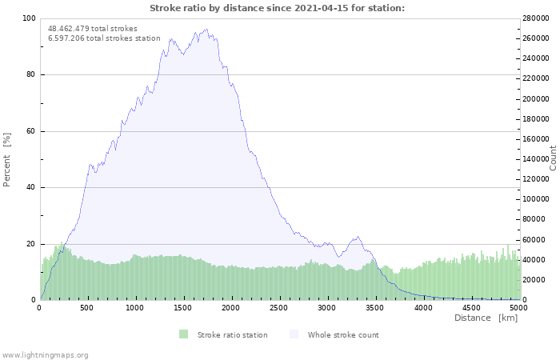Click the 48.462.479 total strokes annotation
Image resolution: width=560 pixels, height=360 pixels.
click(93, 29)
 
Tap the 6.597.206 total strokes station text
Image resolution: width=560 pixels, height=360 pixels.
click(104, 38)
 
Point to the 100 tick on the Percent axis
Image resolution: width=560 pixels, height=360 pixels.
click(29, 18)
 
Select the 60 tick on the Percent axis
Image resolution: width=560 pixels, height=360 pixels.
click(30, 131)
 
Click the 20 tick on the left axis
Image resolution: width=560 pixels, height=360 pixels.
click(30, 244)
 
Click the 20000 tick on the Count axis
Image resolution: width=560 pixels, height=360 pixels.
click(534, 280)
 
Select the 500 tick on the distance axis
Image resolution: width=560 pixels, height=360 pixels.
click(87, 308)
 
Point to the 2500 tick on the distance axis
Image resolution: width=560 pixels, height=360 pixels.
click(278, 308)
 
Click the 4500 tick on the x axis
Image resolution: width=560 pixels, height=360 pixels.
click(470, 308)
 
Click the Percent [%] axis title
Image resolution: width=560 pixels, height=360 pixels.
click(7, 159)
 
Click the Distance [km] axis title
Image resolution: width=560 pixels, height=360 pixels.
click(486, 318)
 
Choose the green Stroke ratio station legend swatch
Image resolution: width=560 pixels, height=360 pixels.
click(183, 334)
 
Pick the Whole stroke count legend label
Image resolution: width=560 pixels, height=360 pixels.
click(343, 335)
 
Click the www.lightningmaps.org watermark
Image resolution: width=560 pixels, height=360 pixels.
click(46, 354)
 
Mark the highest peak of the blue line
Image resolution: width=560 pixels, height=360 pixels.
click(206, 30)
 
